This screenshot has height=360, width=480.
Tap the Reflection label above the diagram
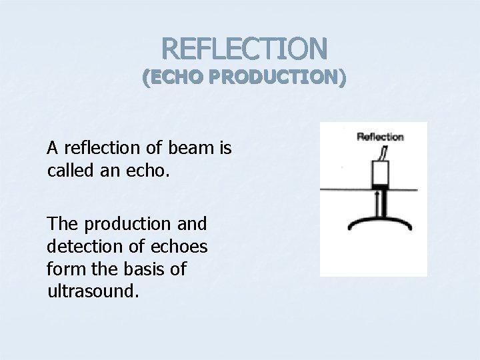[380, 137]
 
